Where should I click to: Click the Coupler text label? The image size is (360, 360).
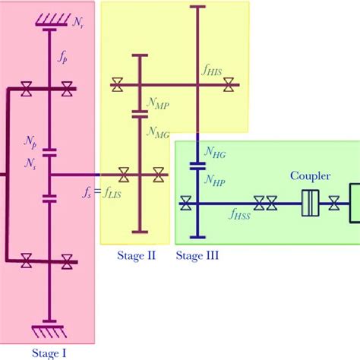point(310,176)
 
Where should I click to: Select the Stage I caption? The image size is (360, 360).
point(49,352)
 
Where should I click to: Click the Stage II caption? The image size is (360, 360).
point(135,256)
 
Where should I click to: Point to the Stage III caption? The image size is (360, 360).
point(197,256)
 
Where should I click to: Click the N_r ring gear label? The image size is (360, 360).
point(78,24)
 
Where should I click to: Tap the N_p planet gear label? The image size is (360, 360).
point(31,142)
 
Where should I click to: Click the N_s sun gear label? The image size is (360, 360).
point(30,163)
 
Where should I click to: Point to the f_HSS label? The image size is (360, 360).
point(242,215)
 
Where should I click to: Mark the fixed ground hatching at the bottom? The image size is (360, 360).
point(49,332)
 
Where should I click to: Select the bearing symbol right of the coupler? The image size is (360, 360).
point(334,204)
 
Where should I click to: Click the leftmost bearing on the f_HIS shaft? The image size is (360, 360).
point(118,85)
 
